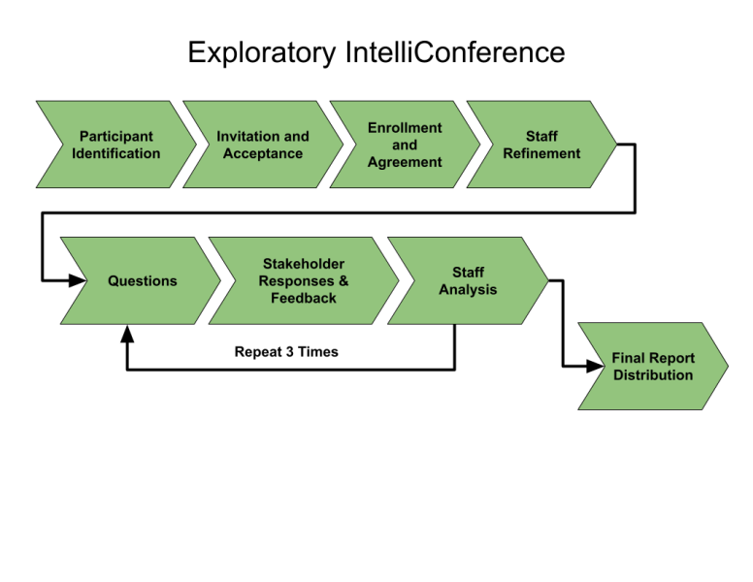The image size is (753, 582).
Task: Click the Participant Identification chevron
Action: click(x=115, y=145)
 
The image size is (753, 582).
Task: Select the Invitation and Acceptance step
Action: click(x=262, y=145)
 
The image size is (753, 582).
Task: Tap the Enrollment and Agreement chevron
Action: click(x=405, y=145)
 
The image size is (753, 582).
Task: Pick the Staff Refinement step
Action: click(x=541, y=145)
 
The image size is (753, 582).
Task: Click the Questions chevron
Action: click(x=142, y=281)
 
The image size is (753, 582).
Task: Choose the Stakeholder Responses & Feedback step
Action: click(x=303, y=281)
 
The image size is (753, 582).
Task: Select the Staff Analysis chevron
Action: click(x=468, y=281)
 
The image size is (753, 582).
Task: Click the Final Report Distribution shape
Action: click(x=653, y=367)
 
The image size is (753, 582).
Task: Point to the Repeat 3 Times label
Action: click(x=286, y=352)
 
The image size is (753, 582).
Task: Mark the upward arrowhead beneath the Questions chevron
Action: click(x=127, y=333)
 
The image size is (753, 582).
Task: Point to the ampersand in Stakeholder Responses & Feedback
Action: click(x=343, y=281)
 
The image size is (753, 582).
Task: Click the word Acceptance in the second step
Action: click(x=262, y=153)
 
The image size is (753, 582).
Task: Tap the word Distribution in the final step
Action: click(x=653, y=375)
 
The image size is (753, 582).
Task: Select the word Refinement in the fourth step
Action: click(x=541, y=153)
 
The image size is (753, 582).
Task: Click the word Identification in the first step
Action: click(x=115, y=153)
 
